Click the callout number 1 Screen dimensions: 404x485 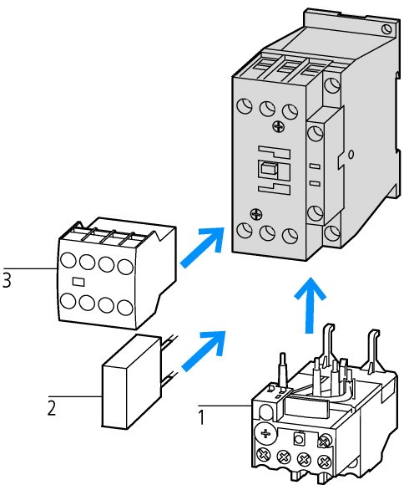201,417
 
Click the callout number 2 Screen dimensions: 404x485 52,408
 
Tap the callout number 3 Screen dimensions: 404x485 7,280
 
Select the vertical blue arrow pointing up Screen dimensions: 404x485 310,304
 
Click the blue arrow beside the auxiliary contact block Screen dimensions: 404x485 202,248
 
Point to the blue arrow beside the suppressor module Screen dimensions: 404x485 204,350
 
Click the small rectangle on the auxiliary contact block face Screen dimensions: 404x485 78,282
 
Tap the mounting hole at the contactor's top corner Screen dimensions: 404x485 386,29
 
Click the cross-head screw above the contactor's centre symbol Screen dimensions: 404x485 278,126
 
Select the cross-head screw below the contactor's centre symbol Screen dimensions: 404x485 256,213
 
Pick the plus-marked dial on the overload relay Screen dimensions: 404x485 265,434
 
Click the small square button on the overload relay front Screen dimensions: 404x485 298,439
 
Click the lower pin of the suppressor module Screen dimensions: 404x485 169,378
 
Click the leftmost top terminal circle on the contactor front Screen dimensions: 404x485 245,106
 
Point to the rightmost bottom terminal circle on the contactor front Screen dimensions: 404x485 290,237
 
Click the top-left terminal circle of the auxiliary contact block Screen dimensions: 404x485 68,259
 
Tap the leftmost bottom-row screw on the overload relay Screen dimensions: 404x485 263,456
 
